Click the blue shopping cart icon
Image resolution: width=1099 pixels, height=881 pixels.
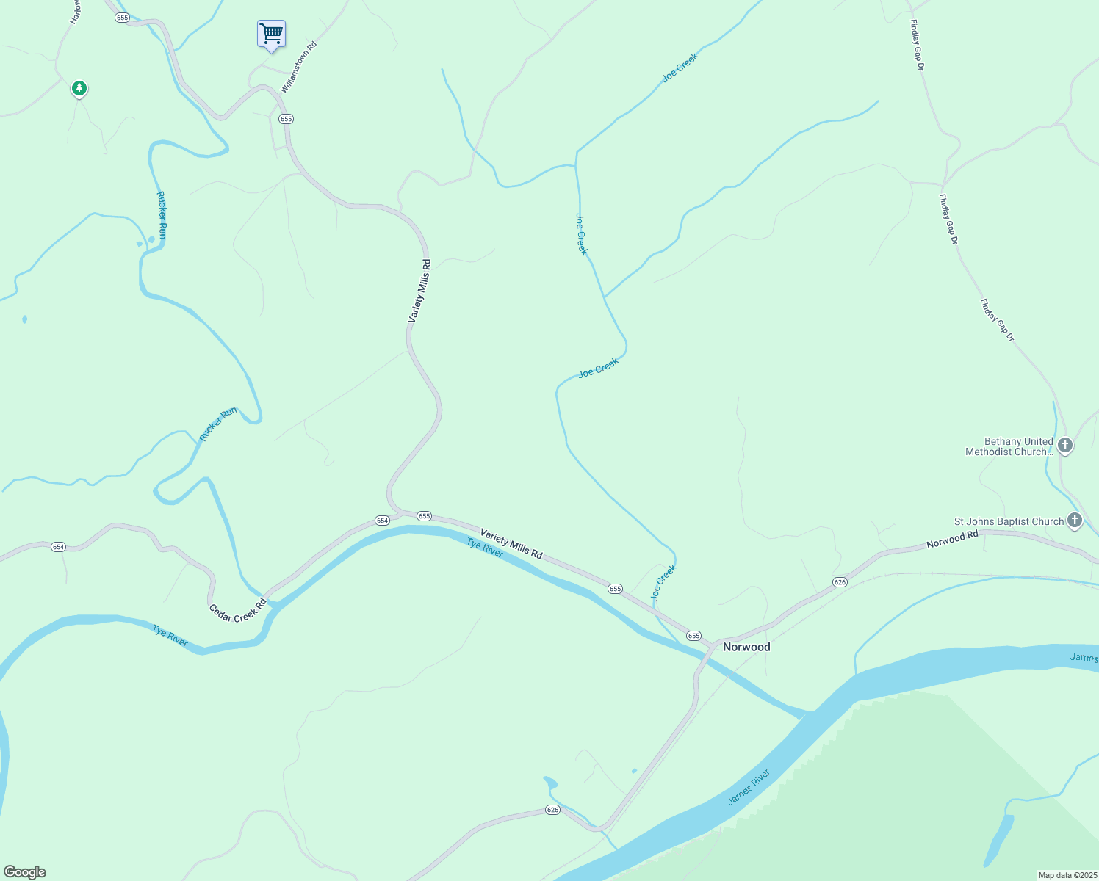271,34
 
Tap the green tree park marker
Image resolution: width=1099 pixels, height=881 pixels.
79,89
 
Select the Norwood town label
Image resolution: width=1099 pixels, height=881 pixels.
746,647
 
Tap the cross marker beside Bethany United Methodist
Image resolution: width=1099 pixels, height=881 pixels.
1064,445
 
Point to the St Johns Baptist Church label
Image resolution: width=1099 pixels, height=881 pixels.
1009,521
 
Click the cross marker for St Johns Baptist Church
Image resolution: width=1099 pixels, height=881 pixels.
1074,521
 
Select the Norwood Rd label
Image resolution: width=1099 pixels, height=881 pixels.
952,540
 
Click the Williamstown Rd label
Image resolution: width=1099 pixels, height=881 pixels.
299,66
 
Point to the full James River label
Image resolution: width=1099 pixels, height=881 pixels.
749,787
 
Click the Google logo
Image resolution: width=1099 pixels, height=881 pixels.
25,872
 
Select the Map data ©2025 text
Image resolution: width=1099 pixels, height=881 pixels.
1067,875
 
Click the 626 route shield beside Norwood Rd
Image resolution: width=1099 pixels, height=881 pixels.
840,582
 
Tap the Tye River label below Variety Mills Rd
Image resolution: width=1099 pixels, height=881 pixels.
486,547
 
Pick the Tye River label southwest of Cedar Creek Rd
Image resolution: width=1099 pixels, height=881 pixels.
170,636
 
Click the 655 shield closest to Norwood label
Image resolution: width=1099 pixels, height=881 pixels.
693,636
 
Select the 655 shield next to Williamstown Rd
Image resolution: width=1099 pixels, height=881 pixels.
286,119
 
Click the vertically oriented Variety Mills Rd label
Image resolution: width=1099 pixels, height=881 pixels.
419,291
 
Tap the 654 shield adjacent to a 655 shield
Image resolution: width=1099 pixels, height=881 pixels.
382,521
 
